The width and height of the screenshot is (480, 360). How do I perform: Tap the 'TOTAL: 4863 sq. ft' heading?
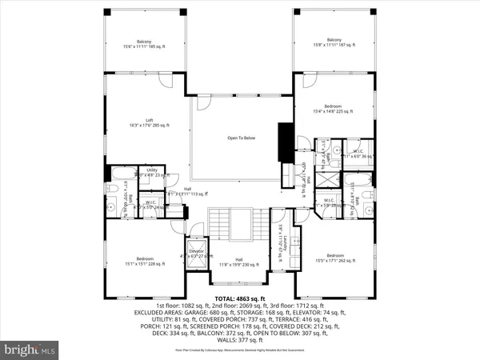(240, 298)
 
